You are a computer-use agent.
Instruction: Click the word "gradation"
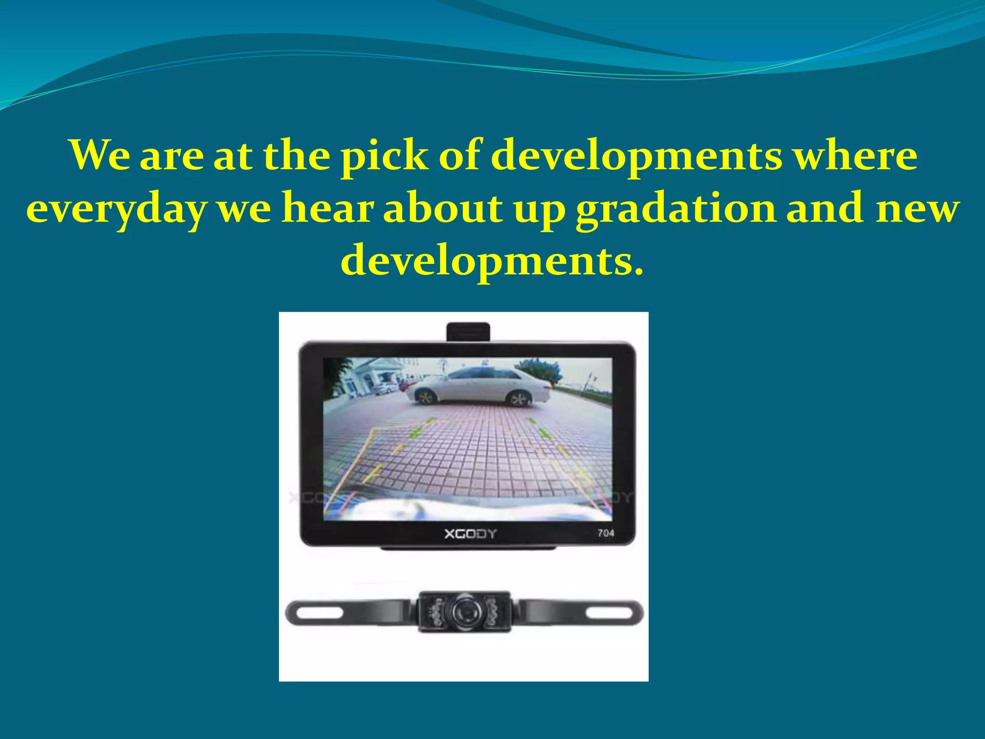pyautogui.click(x=676, y=210)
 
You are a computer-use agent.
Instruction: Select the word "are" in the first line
pyautogui.click(x=171, y=157)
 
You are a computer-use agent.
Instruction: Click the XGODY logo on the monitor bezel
pyautogui.click(x=470, y=534)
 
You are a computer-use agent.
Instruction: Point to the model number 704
pyautogui.click(x=606, y=533)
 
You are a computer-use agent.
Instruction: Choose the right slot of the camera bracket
pyautogui.click(x=609, y=613)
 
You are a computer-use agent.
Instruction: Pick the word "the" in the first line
pyautogui.click(x=296, y=156)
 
